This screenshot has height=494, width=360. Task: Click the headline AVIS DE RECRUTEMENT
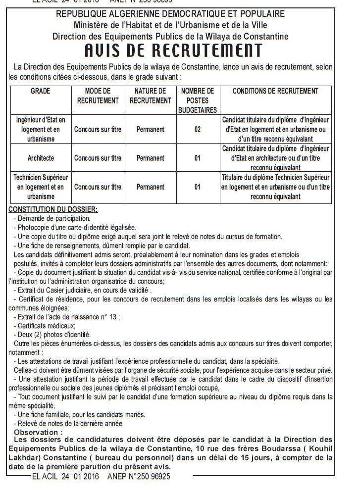pos(173,51)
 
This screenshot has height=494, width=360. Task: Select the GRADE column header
pos(41,91)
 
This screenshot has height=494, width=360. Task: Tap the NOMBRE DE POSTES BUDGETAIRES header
pos(198,100)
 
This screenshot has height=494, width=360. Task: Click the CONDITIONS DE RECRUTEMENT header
pos(275,91)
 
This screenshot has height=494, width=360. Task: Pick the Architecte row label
pos(41,158)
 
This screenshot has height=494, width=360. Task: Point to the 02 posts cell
pos(198,129)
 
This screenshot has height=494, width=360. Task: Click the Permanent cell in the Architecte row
pos(151,158)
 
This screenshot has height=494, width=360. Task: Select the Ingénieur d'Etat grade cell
pos(41,129)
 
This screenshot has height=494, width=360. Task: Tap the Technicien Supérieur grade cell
pos(41,187)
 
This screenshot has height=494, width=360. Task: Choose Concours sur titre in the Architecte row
pos(98,158)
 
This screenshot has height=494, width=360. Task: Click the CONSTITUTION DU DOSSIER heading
pos(53,209)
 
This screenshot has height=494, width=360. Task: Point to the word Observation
pos(39,432)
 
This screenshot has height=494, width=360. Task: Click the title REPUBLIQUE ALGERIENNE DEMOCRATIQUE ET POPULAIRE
pos(171,14)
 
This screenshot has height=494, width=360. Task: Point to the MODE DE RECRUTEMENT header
pos(98,96)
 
